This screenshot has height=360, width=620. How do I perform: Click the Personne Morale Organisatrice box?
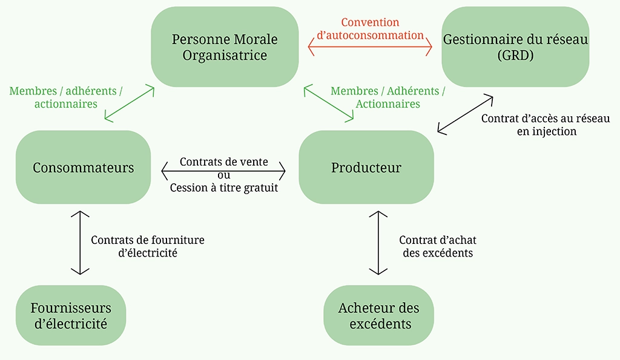(x=225, y=47)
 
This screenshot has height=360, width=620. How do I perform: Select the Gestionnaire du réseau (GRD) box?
(x=515, y=47)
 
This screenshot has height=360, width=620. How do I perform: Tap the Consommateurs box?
(x=83, y=168)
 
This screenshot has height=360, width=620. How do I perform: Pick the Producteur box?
(x=366, y=168)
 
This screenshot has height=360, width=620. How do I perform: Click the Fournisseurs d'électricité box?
(x=70, y=316)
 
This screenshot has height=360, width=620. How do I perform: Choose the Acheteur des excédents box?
(x=379, y=316)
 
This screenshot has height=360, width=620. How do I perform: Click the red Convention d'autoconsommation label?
(x=371, y=28)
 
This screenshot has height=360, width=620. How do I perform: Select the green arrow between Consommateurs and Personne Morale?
(x=130, y=103)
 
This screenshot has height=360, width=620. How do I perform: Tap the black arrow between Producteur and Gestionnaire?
(x=465, y=113)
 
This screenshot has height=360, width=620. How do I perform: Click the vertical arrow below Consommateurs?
(x=80, y=243)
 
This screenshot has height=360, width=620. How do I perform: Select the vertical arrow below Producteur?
(x=378, y=243)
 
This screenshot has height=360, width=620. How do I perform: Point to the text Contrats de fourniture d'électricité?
(x=148, y=246)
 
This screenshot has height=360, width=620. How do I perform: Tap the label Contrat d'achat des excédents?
(x=438, y=246)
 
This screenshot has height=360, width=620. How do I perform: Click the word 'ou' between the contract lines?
(x=223, y=175)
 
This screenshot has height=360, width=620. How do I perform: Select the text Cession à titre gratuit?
(x=224, y=188)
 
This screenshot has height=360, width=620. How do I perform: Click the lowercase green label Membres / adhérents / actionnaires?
(x=65, y=97)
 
